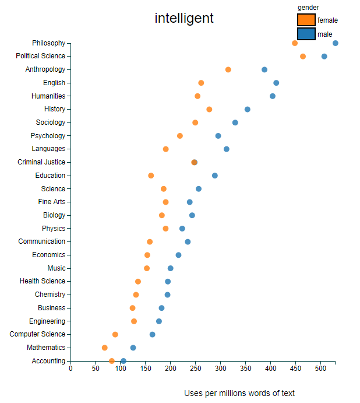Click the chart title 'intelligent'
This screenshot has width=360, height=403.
pyautogui.click(x=184, y=18)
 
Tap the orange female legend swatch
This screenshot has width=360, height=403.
pyautogui.click(x=306, y=20)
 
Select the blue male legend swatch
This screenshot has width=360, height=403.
pyautogui.click(x=306, y=34)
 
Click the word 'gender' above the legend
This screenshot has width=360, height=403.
pyautogui.click(x=308, y=7)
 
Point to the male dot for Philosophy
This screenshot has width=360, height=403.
pyautogui.click(x=336, y=43)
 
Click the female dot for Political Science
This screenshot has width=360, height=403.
pyautogui.click(x=303, y=56)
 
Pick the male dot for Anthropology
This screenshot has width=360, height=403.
pyautogui.click(x=264, y=69)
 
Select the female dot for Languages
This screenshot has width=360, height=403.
pyautogui.click(x=166, y=149)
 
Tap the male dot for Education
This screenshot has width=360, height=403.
pyautogui.click(x=215, y=176)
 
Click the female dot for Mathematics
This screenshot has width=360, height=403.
pyautogui.click(x=105, y=348)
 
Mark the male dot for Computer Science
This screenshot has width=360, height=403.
pyautogui.click(x=153, y=335)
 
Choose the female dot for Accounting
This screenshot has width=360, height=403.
pyautogui.click(x=112, y=361)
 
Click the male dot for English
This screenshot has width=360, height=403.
pyautogui.click(x=276, y=83)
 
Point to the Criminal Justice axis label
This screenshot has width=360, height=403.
pyautogui.click(x=41, y=162)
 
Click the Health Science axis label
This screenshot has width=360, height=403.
pyautogui.click(x=43, y=281)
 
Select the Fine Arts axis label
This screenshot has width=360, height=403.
pyautogui.click(x=52, y=202)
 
